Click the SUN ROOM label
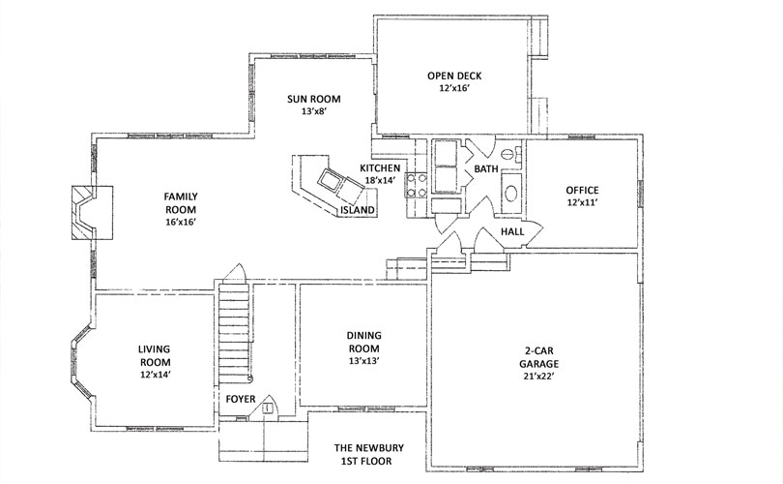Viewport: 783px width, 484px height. click(313, 99)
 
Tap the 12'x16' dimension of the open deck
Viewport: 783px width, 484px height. click(454, 88)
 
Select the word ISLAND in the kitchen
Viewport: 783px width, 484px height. click(358, 210)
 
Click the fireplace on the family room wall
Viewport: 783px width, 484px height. click(92, 213)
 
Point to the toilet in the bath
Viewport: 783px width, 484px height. click(508, 154)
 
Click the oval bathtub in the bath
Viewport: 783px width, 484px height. click(510, 194)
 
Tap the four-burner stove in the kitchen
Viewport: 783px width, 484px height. click(416, 185)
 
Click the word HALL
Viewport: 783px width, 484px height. click(512, 231)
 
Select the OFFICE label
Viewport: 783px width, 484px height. click(582, 190)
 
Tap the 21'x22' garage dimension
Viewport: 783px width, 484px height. click(538, 377)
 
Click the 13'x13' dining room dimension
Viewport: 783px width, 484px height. click(364, 361)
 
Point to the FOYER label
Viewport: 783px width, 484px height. click(241, 399)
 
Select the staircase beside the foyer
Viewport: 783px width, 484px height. click(234, 334)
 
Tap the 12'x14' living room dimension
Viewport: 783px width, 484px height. click(156, 375)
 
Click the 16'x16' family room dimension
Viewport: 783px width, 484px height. click(180, 222)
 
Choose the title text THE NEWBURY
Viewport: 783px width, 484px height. click(369, 448)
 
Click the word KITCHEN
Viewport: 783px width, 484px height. click(380, 168)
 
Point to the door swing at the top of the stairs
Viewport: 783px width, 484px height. click(235, 273)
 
